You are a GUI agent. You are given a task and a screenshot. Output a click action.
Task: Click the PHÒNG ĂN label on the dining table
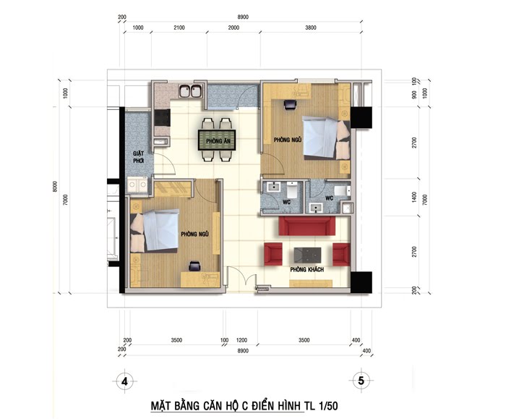[218, 141]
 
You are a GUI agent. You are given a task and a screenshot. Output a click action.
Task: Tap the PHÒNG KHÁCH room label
[306, 269]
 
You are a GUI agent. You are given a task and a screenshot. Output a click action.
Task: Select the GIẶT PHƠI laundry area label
[139, 157]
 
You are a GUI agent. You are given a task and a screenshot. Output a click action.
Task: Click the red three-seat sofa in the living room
[307, 226]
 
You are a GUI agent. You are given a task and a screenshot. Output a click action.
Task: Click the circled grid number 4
[124, 381]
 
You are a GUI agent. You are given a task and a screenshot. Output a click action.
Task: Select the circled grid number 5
[361, 380]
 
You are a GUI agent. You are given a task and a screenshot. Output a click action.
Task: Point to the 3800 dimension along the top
[310, 27]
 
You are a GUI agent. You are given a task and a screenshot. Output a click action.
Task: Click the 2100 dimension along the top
[179, 27]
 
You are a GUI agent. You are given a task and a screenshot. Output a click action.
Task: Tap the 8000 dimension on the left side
[55, 187]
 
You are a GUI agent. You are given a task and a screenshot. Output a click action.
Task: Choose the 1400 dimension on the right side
[414, 197]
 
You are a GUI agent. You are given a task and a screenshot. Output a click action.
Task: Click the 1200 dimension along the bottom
[241, 340]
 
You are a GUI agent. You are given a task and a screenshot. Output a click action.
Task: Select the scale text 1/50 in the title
[328, 406]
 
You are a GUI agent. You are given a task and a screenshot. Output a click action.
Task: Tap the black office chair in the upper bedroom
[290, 105]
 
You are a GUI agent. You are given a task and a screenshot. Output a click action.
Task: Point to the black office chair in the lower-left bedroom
[194, 266]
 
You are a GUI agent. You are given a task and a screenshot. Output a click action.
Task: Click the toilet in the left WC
[292, 190]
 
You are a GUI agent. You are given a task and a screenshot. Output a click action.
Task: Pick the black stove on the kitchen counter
[162, 117]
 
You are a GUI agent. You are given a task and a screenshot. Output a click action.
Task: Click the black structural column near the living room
[361, 282]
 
